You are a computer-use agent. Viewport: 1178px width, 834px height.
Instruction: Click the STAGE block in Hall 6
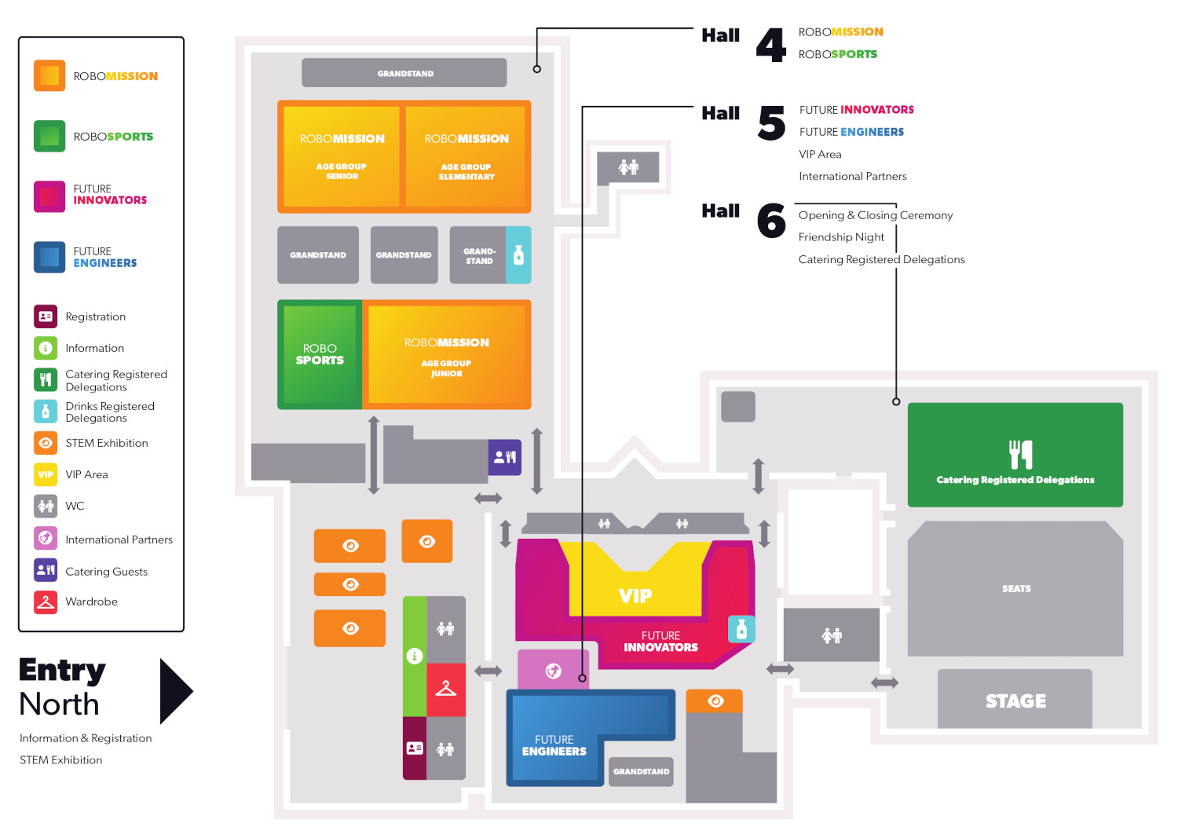1015,700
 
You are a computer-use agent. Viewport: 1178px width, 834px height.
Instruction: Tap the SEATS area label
1015,588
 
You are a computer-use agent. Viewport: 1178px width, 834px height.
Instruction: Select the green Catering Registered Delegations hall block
1015,455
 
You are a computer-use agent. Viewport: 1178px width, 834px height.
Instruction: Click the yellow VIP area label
635,595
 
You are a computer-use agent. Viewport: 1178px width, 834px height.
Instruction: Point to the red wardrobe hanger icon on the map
445,689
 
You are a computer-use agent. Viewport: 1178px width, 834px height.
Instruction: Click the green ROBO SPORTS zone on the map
320,354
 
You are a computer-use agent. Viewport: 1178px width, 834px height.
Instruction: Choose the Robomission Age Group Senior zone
342,155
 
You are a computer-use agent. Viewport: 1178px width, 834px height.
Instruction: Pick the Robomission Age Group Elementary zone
466,155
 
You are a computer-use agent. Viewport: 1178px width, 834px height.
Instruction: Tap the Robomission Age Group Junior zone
446,355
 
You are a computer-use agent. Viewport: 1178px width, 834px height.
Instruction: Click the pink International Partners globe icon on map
553,670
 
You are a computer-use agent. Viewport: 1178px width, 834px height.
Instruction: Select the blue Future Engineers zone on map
554,744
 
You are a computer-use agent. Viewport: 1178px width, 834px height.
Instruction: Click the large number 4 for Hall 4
770,45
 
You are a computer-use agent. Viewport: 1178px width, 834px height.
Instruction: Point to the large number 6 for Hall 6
770,221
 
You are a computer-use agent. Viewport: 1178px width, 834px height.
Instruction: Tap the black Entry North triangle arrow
175,691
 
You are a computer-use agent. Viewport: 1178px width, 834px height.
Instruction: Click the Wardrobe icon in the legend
46,602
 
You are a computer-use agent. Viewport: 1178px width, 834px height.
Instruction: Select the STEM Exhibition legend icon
46,443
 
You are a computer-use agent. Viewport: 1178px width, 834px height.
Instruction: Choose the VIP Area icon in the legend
46,474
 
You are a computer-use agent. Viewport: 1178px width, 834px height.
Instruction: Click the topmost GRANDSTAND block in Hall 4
404,73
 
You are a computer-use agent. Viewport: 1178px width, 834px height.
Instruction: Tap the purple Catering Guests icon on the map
504,456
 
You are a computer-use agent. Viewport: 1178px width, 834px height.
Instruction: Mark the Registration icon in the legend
46,316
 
